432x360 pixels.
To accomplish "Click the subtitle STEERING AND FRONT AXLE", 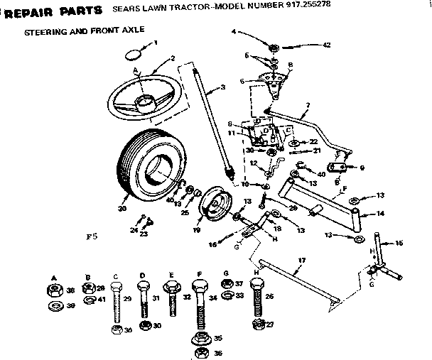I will pyautogui.click(x=85, y=33).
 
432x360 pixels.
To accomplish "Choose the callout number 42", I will pyautogui.click(x=326, y=45).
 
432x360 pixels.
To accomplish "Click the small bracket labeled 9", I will pyautogui.click(x=340, y=169).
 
